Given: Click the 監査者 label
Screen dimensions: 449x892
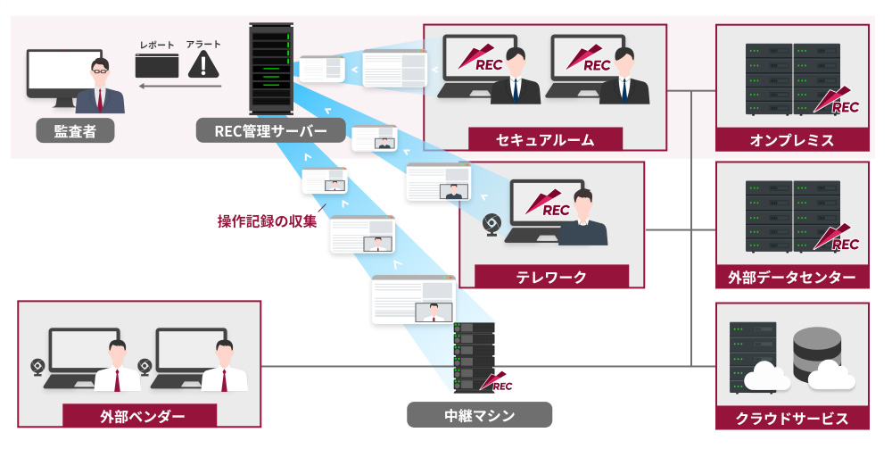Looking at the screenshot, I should [74, 131].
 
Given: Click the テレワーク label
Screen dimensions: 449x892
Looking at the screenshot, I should [551, 277].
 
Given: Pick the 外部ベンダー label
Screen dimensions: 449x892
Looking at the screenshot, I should [139, 416].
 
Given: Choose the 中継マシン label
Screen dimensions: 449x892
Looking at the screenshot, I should [479, 415].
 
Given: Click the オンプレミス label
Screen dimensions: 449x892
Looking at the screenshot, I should [791, 140].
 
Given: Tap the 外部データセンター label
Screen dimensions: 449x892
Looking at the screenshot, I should [791, 278].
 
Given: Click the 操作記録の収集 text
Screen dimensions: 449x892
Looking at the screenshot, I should [267, 220].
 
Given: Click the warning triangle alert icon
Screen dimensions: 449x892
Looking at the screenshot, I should [206, 64].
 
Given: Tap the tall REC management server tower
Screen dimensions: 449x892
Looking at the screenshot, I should [272, 69].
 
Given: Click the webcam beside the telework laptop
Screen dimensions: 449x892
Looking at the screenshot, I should [491, 224].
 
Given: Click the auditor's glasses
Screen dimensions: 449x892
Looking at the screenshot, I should [100, 68].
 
